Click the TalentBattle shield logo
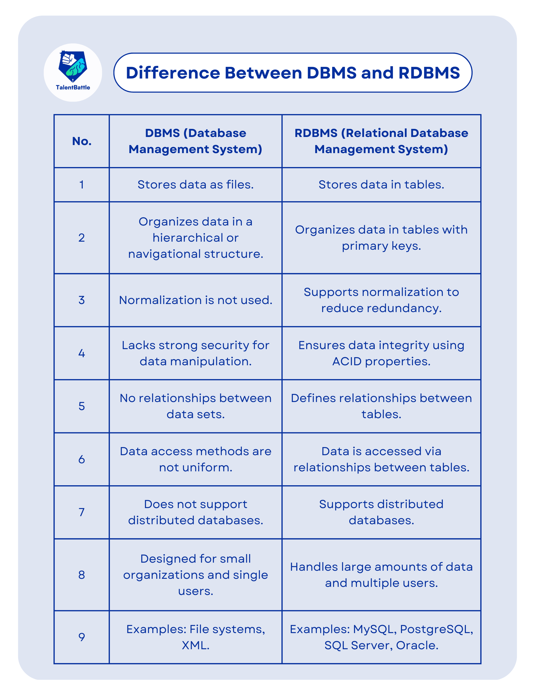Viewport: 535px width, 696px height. (x=73, y=67)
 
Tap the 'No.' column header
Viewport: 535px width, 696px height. (x=82, y=141)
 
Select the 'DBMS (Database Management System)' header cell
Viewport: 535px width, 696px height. (x=196, y=141)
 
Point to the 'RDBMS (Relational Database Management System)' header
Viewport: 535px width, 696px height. (x=381, y=141)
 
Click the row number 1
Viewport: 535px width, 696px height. (x=82, y=185)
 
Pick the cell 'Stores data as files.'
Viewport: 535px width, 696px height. (x=196, y=185)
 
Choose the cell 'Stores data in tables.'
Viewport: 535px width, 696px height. (x=381, y=185)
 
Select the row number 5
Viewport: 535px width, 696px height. (x=82, y=406)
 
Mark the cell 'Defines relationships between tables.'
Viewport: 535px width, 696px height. (x=381, y=406)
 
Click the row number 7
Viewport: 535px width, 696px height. (x=82, y=513)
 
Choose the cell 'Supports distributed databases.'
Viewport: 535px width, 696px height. (x=381, y=513)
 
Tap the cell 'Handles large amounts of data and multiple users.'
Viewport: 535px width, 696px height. (x=381, y=575)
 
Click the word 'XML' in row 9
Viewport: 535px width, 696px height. (x=194, y=645)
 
